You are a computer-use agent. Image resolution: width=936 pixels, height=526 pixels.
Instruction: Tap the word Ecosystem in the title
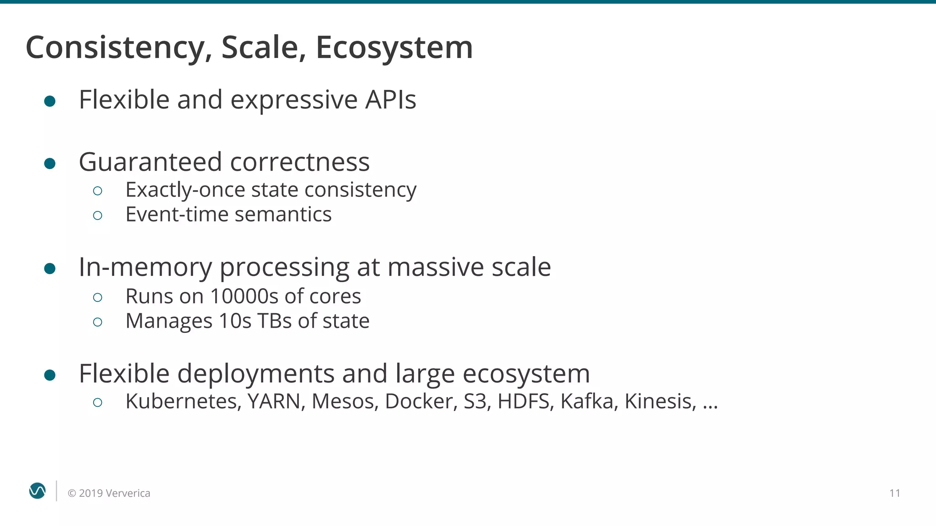pos(394,47)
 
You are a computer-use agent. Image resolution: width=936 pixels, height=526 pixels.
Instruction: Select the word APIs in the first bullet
pos(390,100)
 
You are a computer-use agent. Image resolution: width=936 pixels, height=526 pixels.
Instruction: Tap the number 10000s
pos(244,296)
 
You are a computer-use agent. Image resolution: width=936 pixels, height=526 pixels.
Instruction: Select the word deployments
pos(256,373)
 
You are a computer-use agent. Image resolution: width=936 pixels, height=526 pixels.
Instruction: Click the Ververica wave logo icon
pos(37,491)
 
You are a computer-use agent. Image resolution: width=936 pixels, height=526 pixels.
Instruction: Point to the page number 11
pos(894,493)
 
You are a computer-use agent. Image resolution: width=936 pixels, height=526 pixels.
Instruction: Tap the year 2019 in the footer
pos(90,493)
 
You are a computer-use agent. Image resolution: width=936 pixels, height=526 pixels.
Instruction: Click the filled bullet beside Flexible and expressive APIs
pos(50,101)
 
